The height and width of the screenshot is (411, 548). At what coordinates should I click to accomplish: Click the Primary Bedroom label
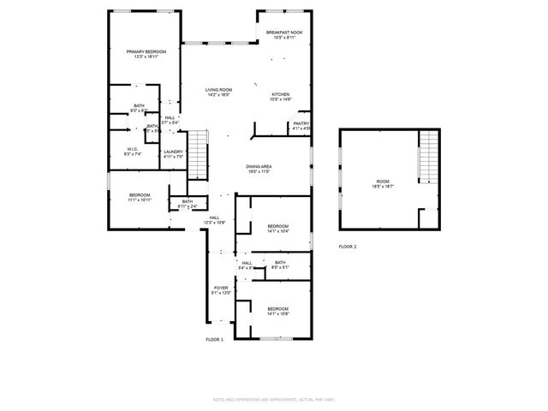pos(146,52)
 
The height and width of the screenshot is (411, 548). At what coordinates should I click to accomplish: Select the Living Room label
pos(218,90)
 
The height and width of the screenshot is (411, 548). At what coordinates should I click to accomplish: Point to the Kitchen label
pos(281,94)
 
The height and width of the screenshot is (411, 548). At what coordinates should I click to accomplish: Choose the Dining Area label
pos(259,167)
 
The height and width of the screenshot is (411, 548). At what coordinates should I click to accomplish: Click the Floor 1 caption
pos(214,340)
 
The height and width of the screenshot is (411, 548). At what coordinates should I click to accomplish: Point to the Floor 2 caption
pos(348,246)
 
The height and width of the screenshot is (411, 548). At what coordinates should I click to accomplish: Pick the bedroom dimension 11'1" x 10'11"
pos(140,200)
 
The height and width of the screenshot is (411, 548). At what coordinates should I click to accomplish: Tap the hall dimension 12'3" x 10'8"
pos(214,223)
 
